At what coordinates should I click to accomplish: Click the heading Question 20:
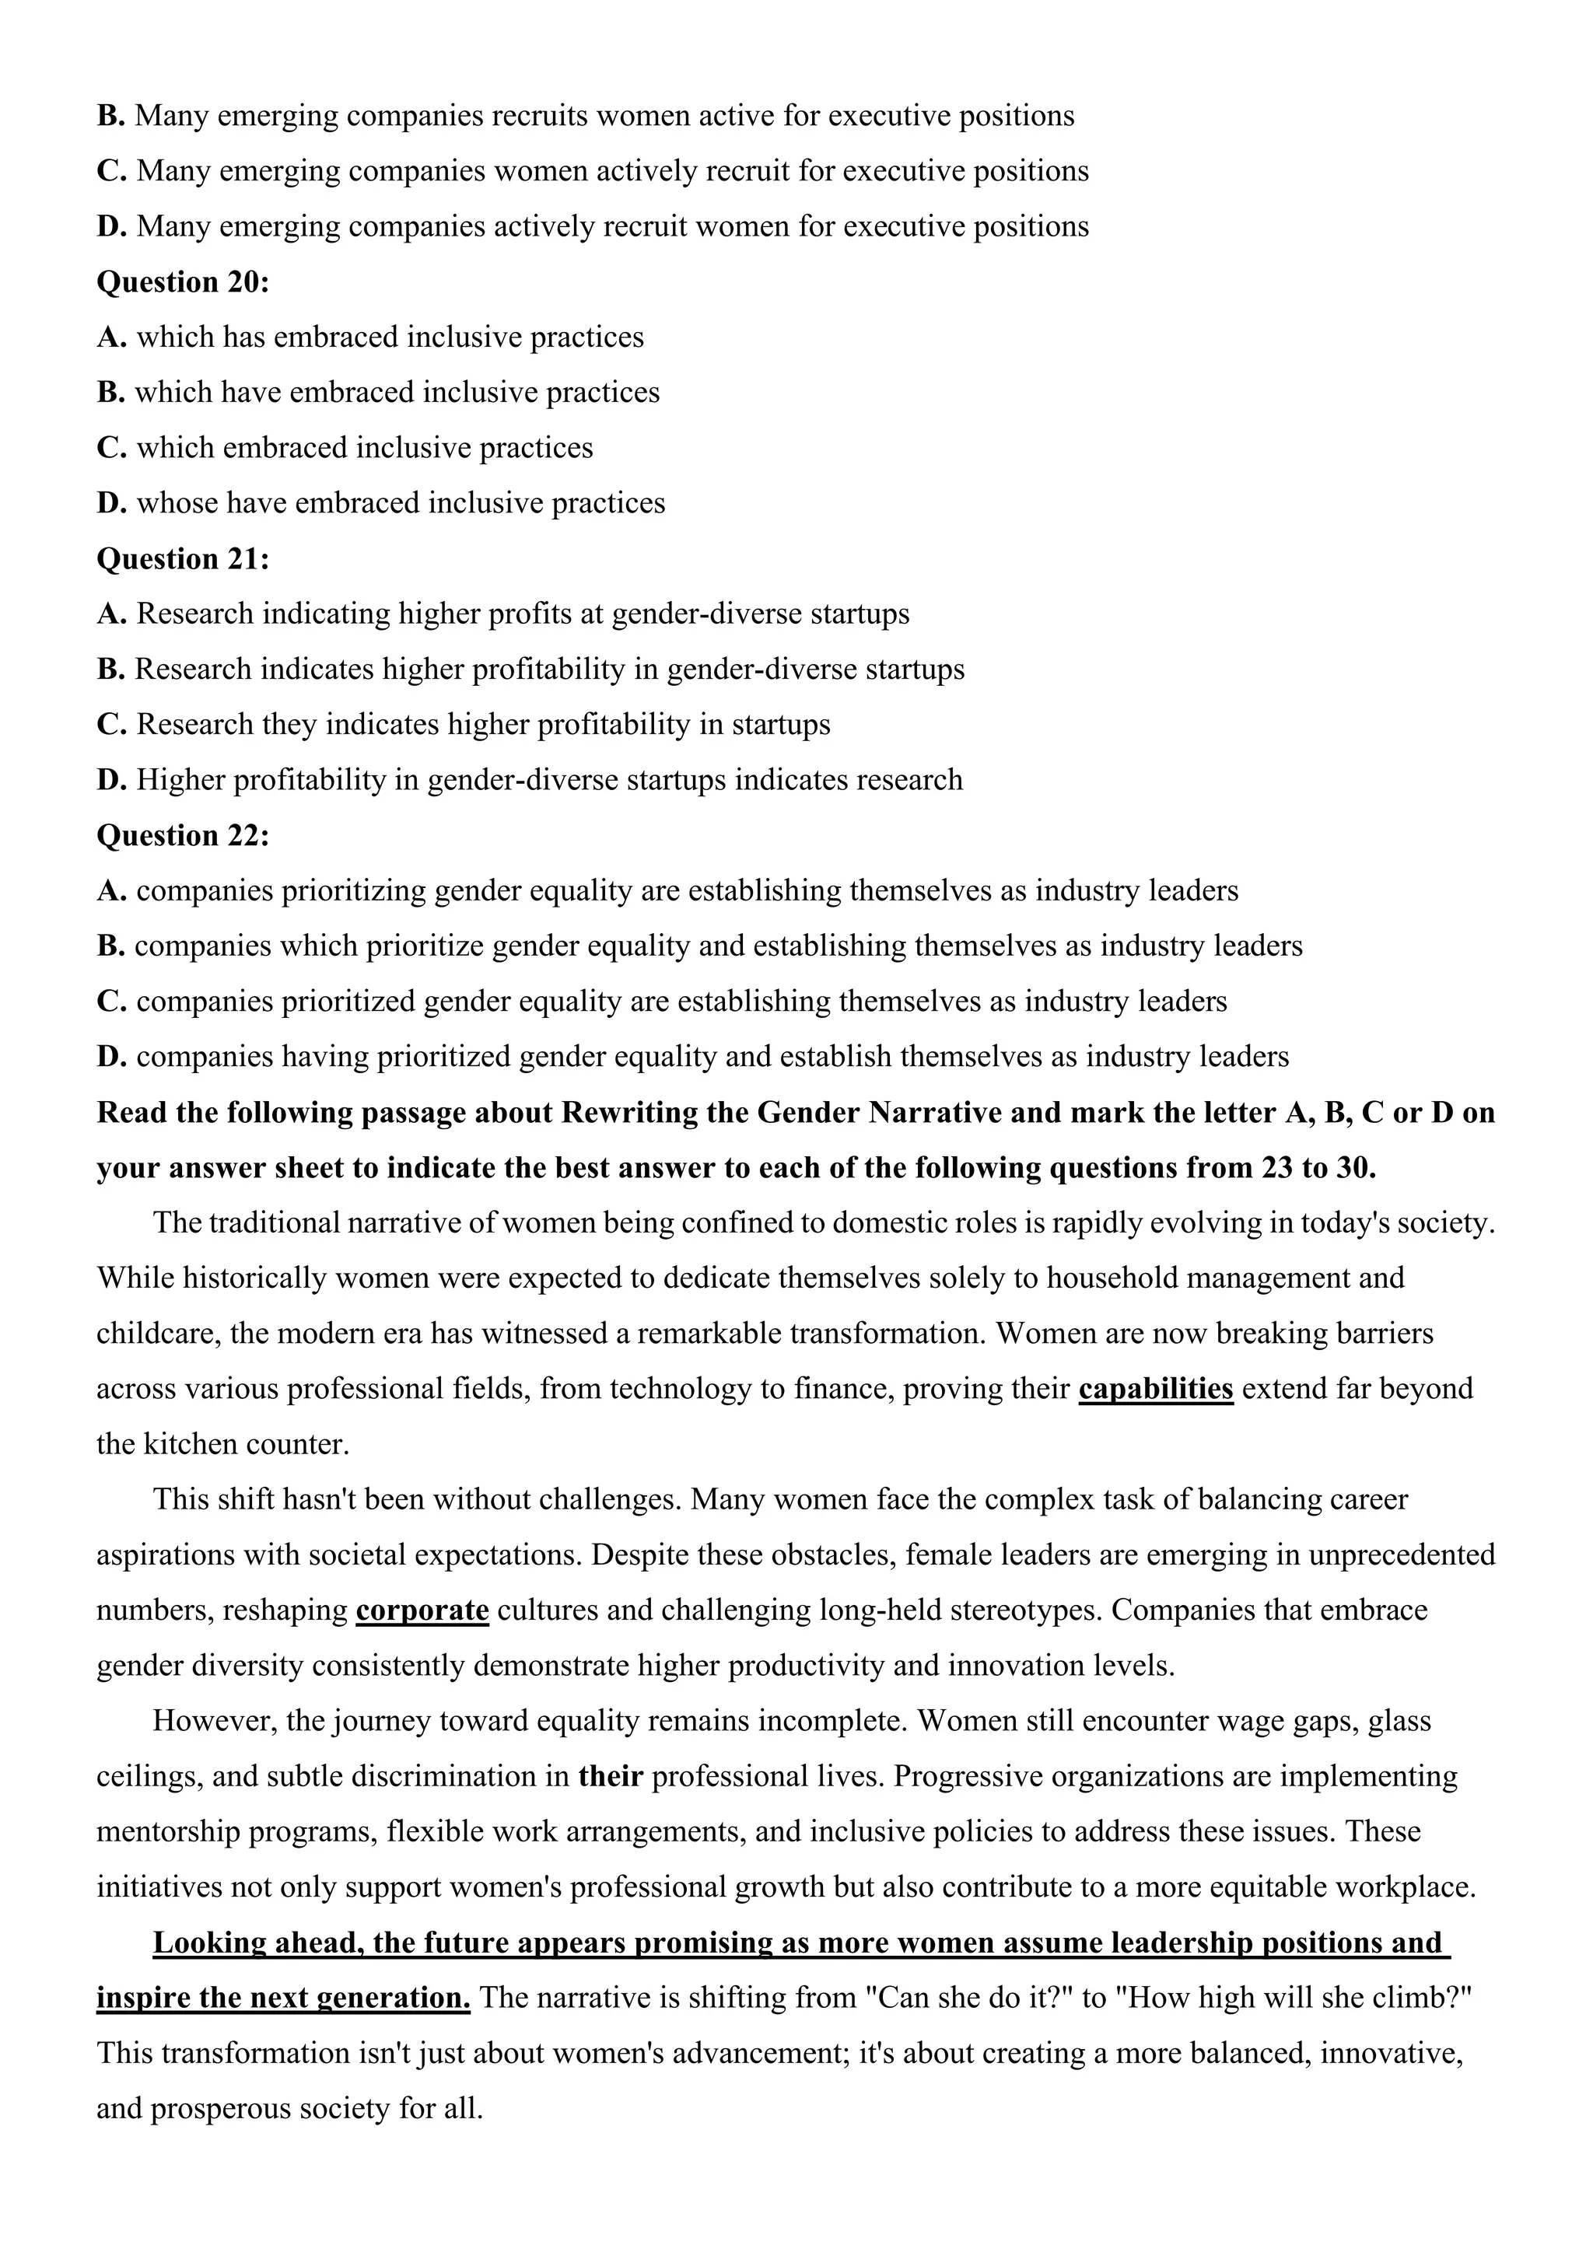coord(183,282)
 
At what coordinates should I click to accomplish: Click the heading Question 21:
coord(183,559)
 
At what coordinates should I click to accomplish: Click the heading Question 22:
coord(183,836)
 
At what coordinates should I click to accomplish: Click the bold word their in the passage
coord(610,1776)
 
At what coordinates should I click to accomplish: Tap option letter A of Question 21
coord(111,614)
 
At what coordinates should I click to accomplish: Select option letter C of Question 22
coord(111,1002)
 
